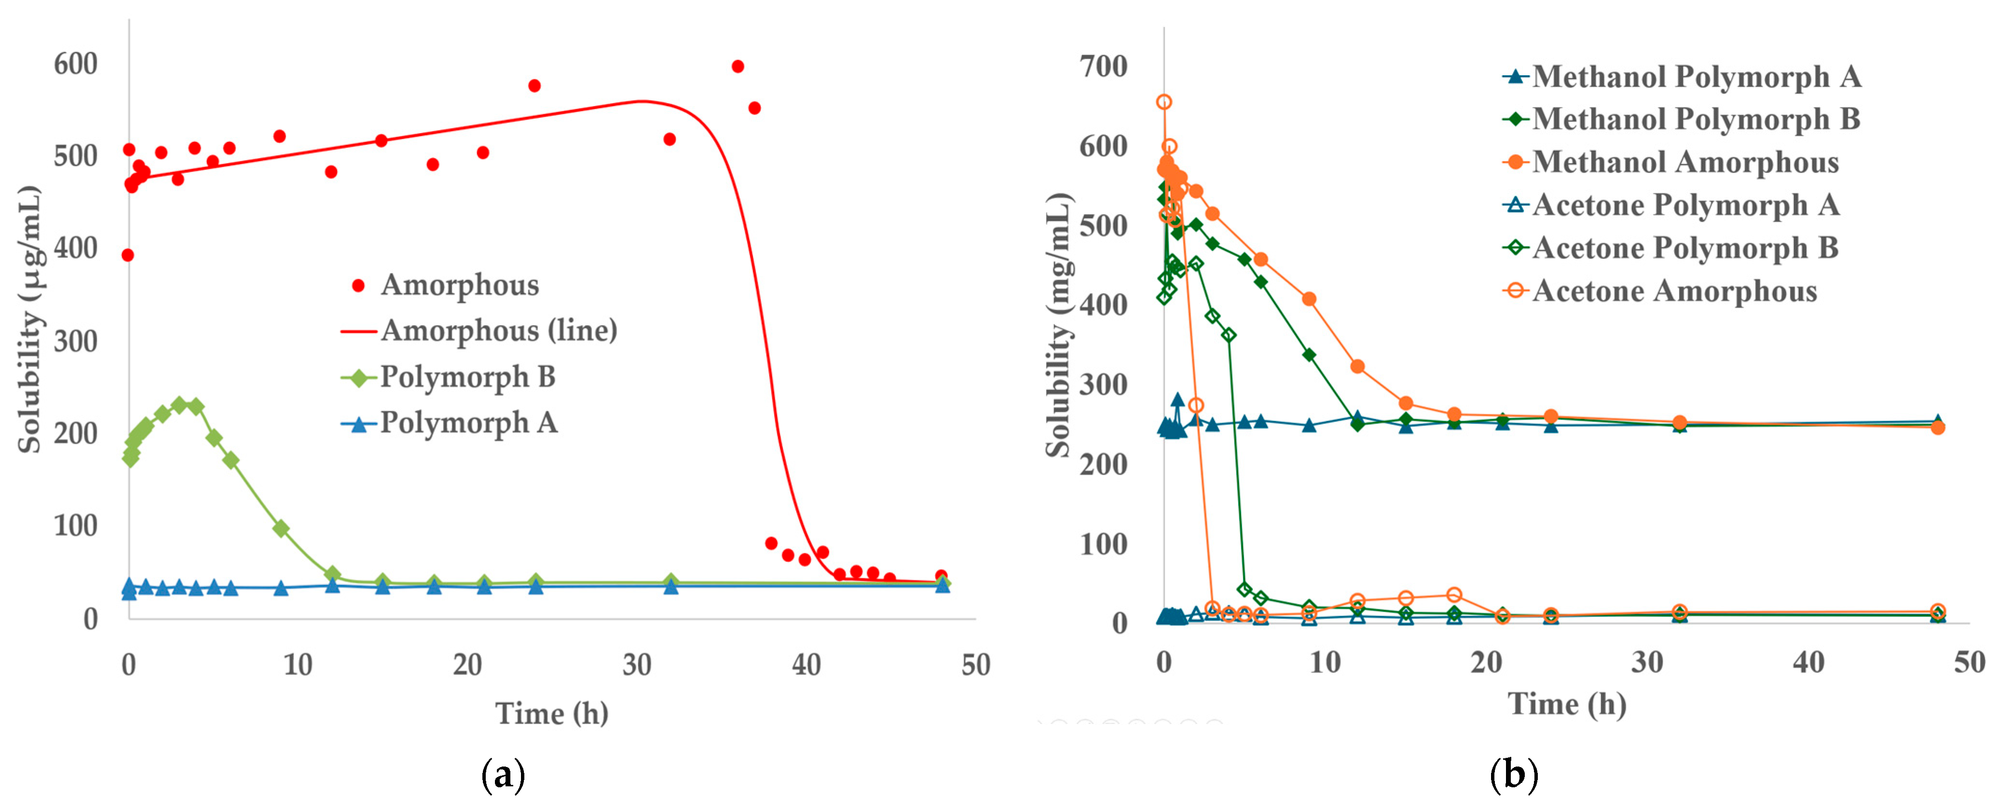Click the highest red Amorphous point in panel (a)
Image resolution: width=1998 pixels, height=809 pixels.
point(738,67)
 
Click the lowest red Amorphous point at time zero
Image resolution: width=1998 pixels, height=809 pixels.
point(128,255)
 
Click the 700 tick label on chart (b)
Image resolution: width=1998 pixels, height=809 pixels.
point(1103,67)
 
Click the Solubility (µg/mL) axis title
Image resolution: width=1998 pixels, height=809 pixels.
point(29,319)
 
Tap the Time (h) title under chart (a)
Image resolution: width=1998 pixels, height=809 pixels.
point(551,713)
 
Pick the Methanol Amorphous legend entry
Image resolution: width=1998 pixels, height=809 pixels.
point(1684,162)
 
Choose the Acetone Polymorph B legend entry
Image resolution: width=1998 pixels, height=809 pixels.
point(1684,248)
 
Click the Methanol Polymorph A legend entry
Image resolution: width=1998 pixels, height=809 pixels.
point(1696,77)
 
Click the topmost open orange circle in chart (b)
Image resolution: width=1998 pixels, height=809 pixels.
point(1164,102)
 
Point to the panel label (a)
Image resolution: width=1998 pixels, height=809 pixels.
point(503,775)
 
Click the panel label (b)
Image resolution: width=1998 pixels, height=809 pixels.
point(1513,775)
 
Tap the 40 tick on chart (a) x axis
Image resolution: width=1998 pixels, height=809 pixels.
point(806,665)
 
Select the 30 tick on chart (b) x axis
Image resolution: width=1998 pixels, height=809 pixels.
point(1647,662)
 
